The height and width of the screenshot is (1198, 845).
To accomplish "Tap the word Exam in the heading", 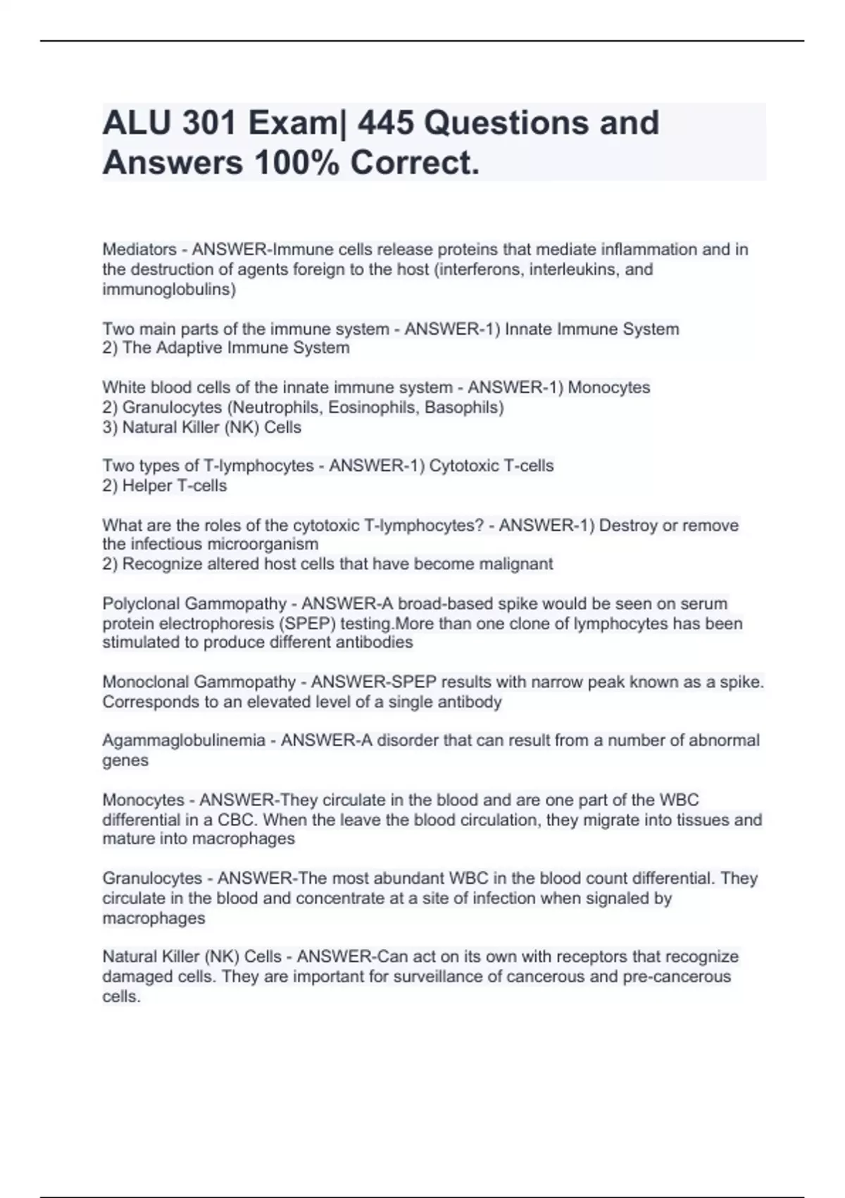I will pos(291,123).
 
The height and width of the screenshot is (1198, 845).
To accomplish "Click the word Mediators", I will pos(139,249).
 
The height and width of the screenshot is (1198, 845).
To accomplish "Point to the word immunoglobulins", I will pos(169,289).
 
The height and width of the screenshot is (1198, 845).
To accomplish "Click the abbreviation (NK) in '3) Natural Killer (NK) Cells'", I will pos(243,427).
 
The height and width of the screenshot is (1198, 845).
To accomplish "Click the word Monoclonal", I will pos(148,682).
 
